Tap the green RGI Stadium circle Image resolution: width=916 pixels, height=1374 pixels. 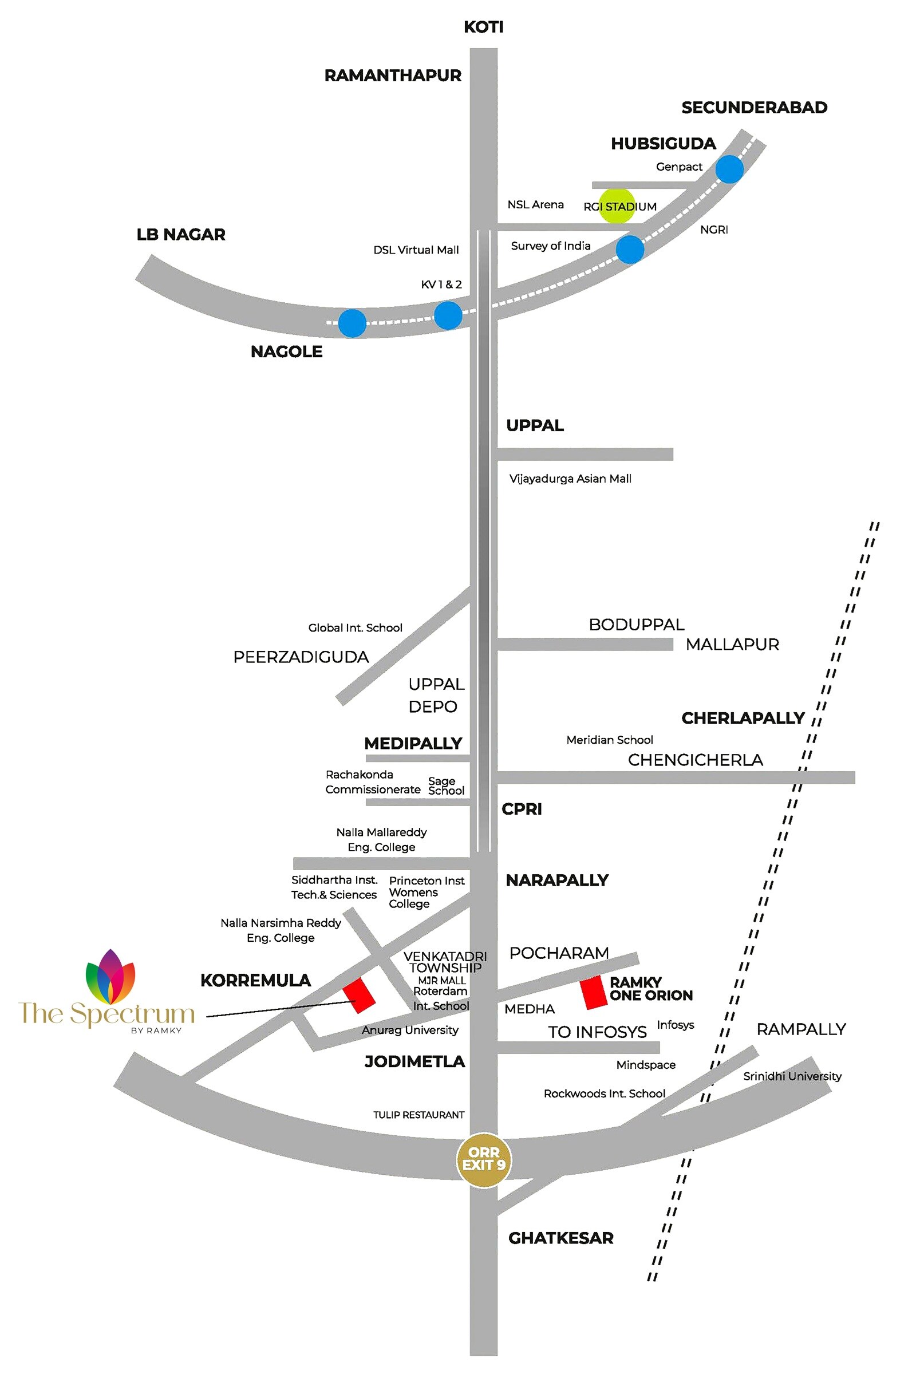(x=617, y=206)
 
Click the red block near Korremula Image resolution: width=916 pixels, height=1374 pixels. (x=359, y=996)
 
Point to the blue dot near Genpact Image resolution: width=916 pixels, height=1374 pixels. (x=729, y=169)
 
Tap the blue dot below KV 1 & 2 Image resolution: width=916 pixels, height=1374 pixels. (x=448, y=315)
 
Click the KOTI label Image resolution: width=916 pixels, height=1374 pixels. (x=483, y=27)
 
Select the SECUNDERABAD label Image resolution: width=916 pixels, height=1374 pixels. (x=753, y=108)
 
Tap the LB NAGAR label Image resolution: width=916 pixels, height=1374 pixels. (x=180, y=235)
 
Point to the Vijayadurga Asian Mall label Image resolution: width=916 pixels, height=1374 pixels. (x=570, y=479)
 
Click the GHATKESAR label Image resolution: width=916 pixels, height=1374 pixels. (x=560, y=1238)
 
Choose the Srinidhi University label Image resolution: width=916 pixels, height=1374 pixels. (x=792, y=1076)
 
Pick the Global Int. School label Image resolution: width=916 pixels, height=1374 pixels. (x=355, y=628)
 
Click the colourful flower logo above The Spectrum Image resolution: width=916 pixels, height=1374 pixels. (x=110, y=977)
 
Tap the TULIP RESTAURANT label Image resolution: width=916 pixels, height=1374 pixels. (x=419, y=1115)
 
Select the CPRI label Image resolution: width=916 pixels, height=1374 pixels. (x=521, y=809)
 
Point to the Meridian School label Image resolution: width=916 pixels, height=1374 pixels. (x=609, y=740)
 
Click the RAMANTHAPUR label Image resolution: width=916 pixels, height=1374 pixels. (x=393, y=76)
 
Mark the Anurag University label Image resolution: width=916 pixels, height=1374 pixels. (x=409, y=1030)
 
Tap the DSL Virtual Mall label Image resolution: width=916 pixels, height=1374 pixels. (x=416, y=250)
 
